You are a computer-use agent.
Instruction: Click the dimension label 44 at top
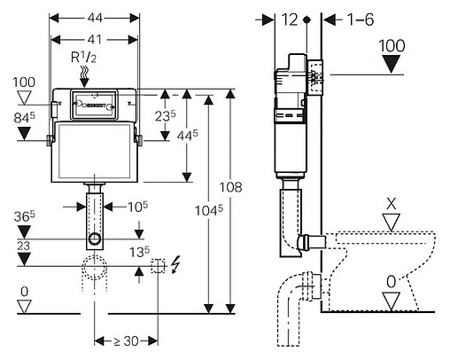click(95, 18)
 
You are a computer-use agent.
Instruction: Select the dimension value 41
click(95, 39)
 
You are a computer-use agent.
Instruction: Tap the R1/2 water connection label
click(83, 57)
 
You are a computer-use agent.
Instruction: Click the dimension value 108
click(230, 187)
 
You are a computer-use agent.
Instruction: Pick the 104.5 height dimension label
click(209, 210)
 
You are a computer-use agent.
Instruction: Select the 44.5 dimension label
click(188, 136)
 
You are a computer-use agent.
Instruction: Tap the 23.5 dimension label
click(166, 115)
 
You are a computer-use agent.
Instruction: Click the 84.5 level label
click(24, 118)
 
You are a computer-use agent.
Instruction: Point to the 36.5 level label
click(24, 216)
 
